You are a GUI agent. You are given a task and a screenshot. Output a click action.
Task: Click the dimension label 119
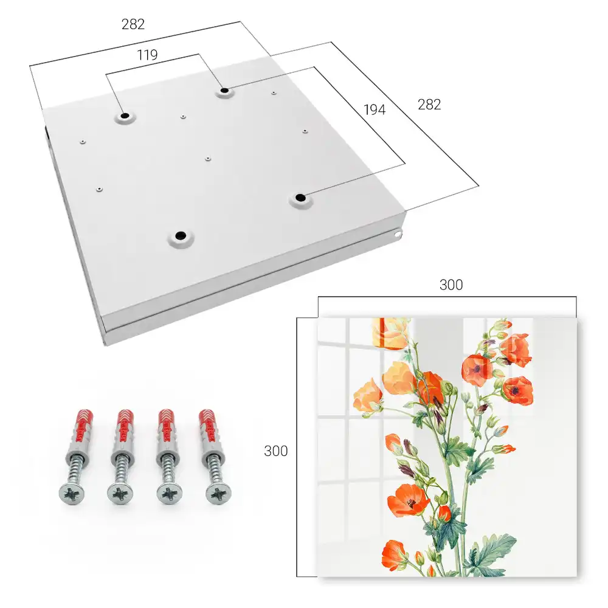[147, 55]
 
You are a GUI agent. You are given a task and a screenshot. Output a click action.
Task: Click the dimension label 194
[375, 109]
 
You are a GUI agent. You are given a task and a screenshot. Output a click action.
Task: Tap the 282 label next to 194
[429, 105]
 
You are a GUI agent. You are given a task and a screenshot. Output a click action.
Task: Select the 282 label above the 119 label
[133, 24]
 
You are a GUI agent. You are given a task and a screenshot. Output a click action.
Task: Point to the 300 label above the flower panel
[451, 285]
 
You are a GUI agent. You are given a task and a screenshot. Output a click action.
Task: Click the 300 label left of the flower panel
[275, 451]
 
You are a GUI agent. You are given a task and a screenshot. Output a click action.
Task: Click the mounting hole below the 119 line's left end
[125, 116]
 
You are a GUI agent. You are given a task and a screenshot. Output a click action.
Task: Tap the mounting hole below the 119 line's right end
[224, 91]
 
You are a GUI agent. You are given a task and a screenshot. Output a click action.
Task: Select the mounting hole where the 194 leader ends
[300, 198]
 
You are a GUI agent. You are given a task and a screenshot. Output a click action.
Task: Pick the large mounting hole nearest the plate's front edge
[181, 235]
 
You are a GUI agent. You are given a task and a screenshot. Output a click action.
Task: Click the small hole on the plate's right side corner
[398, 234]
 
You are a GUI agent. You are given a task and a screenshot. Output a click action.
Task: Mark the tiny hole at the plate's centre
[208, 159]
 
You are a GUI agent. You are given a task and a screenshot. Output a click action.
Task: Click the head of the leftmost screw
[72, 494]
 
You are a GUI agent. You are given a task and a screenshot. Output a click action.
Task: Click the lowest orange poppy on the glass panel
[393, 555]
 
